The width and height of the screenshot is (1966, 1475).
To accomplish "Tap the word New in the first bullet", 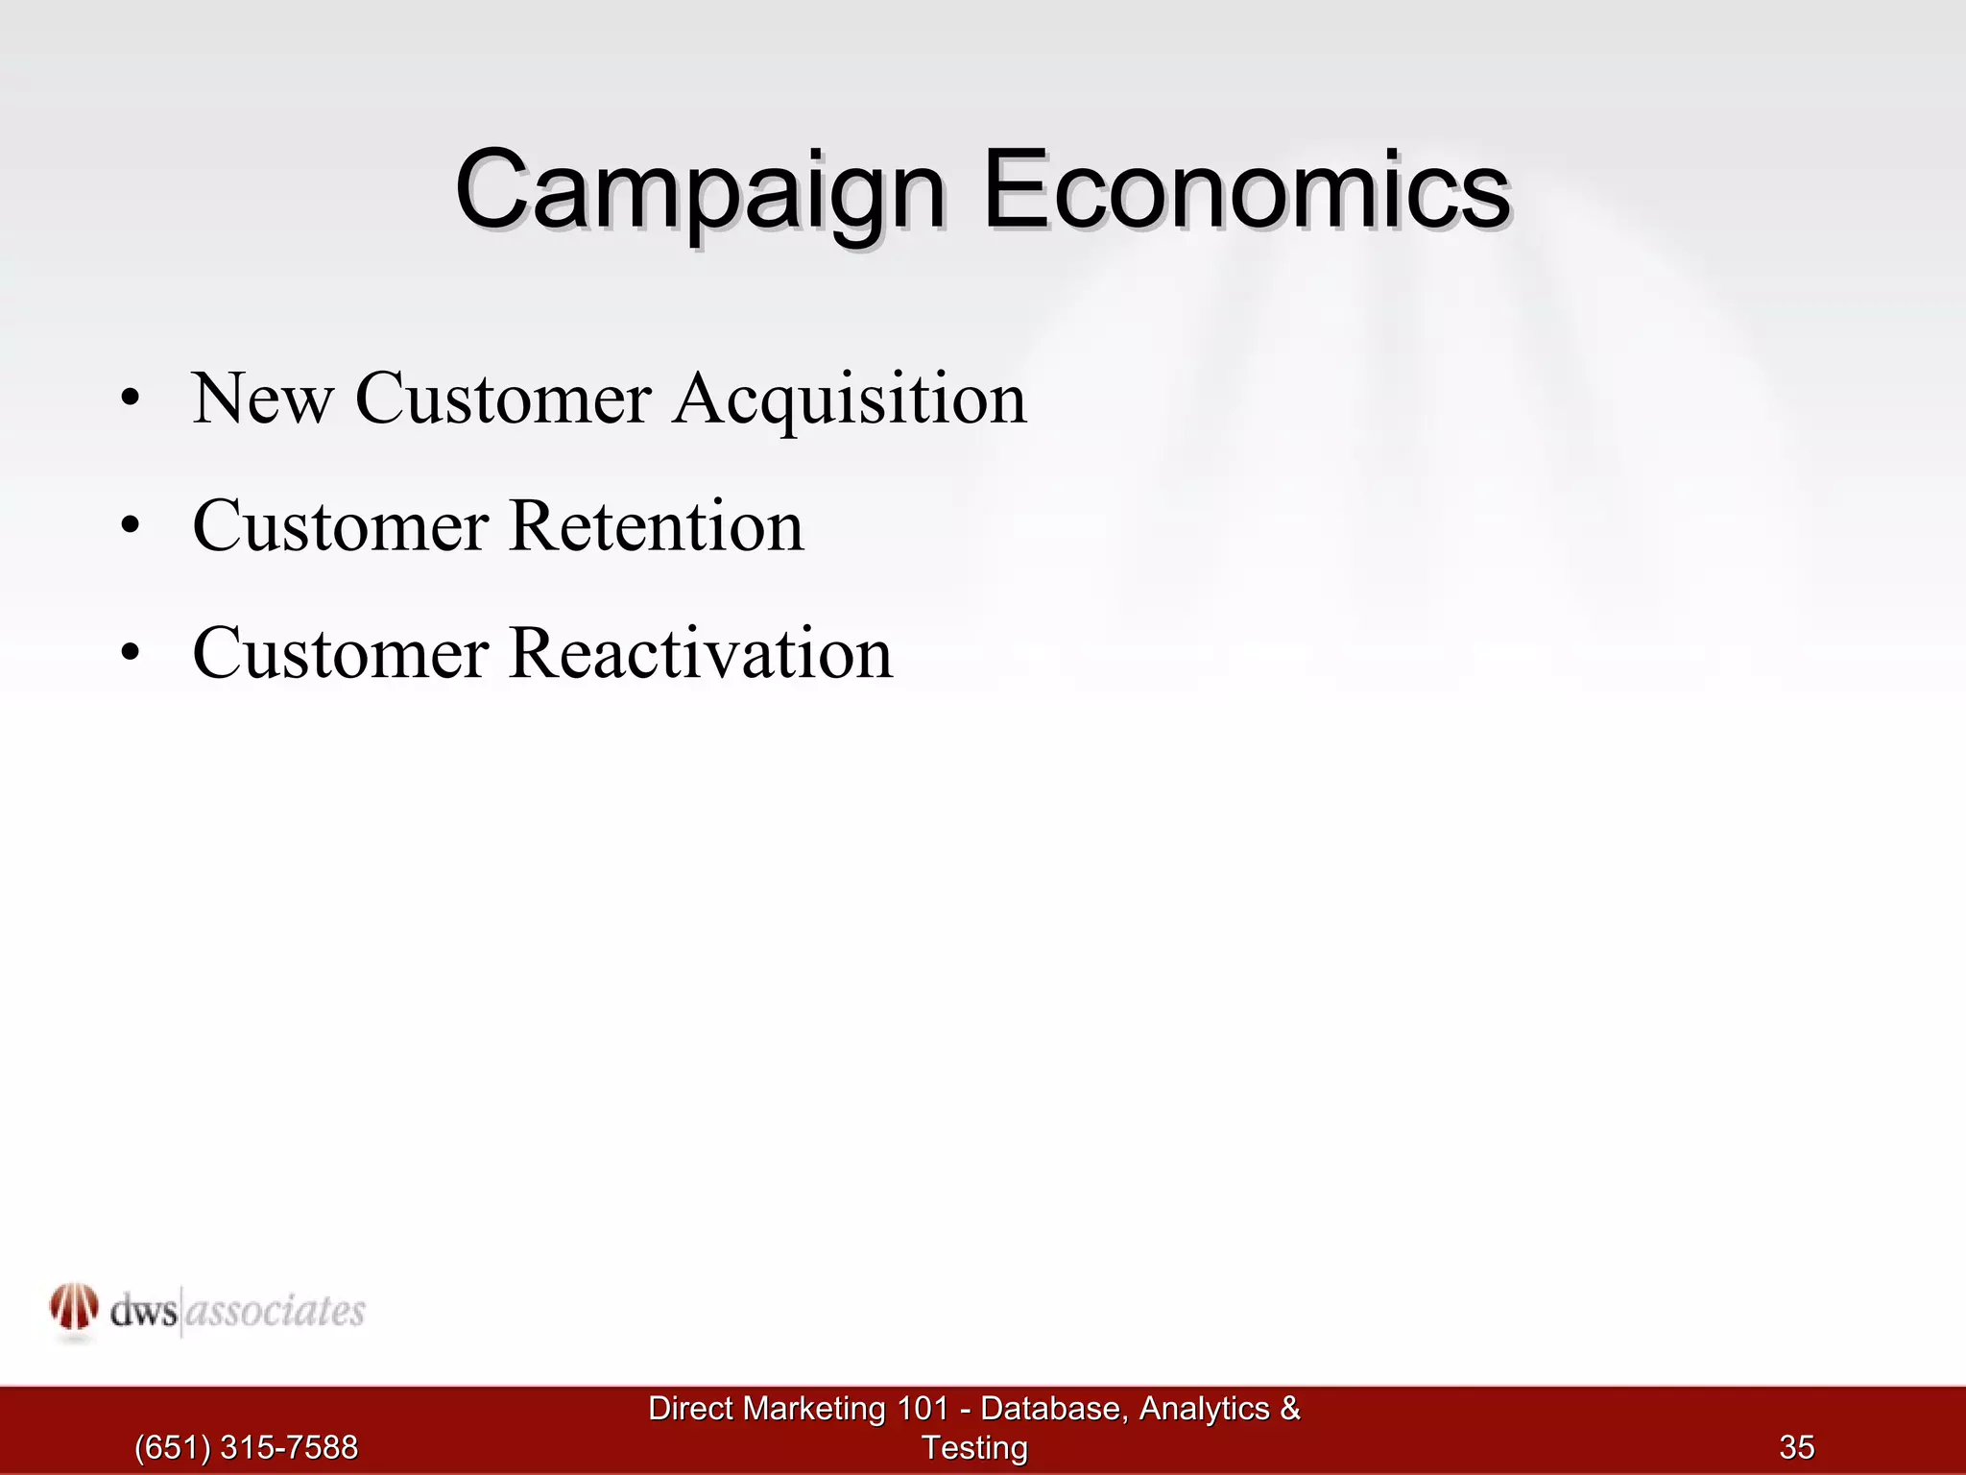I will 262,399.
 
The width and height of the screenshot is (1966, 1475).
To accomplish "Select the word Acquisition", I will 850,399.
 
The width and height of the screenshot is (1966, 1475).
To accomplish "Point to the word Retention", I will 657,526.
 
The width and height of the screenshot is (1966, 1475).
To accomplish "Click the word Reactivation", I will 701,654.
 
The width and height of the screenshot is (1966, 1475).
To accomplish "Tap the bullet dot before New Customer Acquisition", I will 131,399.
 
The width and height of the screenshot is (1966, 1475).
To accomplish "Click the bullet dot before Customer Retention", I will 131,526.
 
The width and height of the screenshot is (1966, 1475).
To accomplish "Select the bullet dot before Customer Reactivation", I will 131,654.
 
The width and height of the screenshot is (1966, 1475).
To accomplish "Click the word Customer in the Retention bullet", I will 341,526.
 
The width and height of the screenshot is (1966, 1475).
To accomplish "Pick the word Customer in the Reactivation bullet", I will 341,654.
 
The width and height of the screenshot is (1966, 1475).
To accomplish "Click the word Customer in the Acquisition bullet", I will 504,399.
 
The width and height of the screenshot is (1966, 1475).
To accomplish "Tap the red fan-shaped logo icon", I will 74,1308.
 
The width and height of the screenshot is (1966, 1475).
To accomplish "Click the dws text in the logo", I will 143,1312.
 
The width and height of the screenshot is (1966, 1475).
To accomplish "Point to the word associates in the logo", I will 275,1312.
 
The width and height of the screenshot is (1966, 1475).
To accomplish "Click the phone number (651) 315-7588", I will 246,1447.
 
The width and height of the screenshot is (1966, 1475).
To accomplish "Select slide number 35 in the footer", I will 1797,1447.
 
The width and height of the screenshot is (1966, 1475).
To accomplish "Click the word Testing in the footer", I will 974,1447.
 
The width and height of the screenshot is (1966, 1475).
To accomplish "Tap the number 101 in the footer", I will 923,1409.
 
